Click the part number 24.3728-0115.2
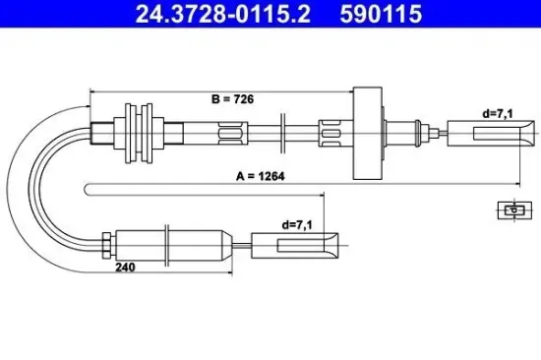pyautogui.click(x=203, y=15)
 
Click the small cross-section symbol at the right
pyautogui.click(x=511, y=209)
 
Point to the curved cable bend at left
pyautogui.click(x=36, y=177)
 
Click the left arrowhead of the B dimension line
pyautogui.click(x=91, y=90)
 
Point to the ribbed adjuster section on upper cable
pyautogui.click(x=230, y=130)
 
